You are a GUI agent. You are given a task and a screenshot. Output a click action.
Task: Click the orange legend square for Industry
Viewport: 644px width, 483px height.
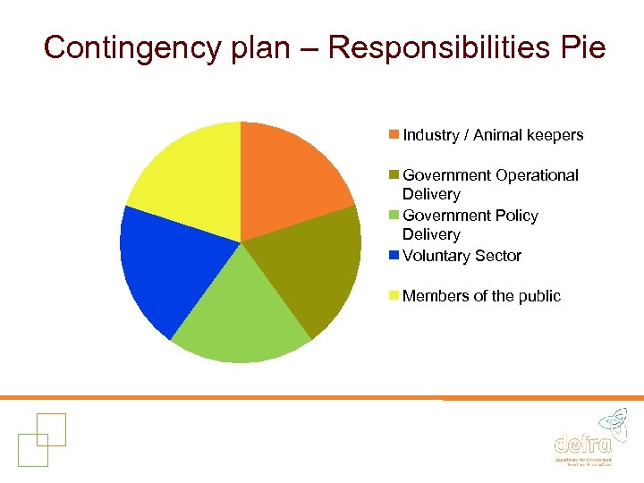394,135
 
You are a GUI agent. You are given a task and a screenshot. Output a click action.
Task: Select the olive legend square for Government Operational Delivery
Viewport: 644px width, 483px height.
394,175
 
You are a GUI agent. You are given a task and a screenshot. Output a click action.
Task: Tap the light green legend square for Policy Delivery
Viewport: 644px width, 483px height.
394,216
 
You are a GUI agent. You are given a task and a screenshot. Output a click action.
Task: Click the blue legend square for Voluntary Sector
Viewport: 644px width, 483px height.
394,256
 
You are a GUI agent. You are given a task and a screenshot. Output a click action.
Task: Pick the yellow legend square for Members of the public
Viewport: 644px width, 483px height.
394,296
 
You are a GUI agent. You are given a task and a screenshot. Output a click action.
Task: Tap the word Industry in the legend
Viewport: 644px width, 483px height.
429,135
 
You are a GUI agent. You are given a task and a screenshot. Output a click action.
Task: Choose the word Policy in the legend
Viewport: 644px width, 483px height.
515,216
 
